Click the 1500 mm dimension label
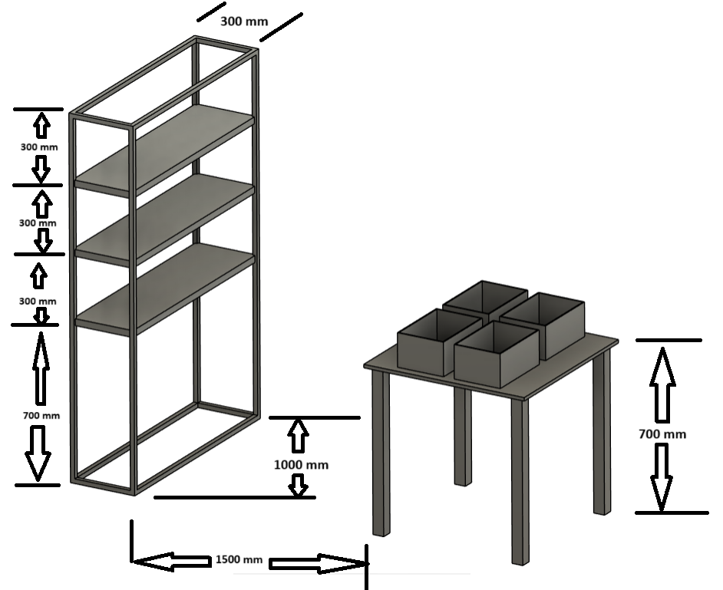pos(239,559)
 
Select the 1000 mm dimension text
pos(301,465)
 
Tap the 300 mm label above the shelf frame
pos(244,21)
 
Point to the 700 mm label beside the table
pos(662,433)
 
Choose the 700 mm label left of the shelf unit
pos(41,415)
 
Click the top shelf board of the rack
pos(164,150)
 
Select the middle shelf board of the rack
pos(164,219)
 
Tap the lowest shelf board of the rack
pos(164,289)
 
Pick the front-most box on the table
pos(496,354)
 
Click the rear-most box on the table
pos(485,300)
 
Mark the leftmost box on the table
pos(439,342)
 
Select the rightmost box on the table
pos(542,325)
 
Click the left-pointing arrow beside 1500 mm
pos(171,562)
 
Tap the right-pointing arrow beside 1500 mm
pos(319,564)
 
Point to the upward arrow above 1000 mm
pos(298,435)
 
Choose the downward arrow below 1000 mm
pos(299,486)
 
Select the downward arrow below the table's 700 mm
pos(662,477)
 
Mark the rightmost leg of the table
pos(602,432)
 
